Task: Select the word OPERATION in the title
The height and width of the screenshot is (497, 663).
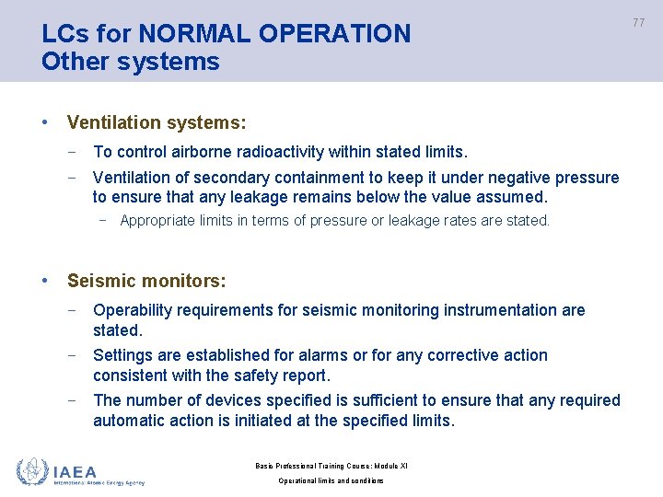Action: (x=335, y=34)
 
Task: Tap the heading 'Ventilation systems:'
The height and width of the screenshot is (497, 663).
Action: (x=157, y=122)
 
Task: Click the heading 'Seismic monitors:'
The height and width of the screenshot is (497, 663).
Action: (x=146, y=281)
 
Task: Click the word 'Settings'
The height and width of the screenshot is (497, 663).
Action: (x=123, y=355)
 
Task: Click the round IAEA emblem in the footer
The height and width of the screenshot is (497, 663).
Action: (x=32, y=471)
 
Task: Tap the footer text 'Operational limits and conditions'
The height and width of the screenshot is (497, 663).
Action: (x=331, y=480)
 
